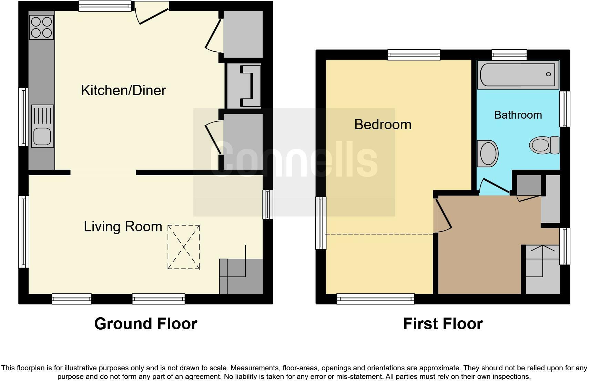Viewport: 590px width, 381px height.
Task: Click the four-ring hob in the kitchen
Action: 41,27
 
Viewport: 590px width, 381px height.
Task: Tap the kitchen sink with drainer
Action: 42,126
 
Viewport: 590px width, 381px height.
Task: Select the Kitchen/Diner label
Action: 123,90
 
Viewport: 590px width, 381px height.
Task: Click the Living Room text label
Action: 123,227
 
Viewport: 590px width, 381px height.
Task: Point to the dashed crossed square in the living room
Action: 184,247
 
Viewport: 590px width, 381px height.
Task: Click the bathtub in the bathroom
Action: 518,74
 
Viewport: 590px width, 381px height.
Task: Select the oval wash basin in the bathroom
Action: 488,153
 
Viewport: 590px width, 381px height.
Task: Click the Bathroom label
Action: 518,115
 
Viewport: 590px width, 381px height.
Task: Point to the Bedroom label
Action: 383,124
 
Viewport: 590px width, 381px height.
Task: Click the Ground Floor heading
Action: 145,324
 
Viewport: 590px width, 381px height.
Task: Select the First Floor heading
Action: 443,324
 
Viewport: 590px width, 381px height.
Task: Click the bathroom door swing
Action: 495,186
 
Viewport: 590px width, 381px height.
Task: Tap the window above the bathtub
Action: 509,54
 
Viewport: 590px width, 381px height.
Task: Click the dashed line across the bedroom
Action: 379,234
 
